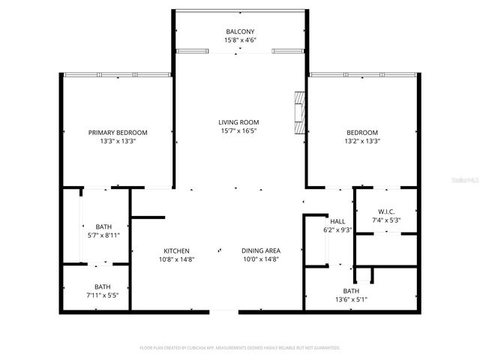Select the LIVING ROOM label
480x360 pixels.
click(238, 122)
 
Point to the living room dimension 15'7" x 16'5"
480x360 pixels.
click(238, 131)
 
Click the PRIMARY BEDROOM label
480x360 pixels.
click(118, 132)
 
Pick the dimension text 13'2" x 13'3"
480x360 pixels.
click(362, 141)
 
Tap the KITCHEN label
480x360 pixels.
click(177, 250)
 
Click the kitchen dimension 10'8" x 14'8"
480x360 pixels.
click(177, 259)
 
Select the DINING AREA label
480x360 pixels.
click(261, 250)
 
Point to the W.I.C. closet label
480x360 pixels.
click(386, 211)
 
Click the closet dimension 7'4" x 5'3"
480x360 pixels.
click(386, 220)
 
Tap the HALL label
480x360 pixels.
click(337, 221)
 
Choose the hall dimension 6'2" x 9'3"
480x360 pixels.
click(337, 230)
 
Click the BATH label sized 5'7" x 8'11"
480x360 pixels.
click(103, 226)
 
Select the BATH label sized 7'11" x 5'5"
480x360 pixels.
click(103, 286)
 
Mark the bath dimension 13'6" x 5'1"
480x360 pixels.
click(351, 300)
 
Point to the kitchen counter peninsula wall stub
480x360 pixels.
click(148, 217)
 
